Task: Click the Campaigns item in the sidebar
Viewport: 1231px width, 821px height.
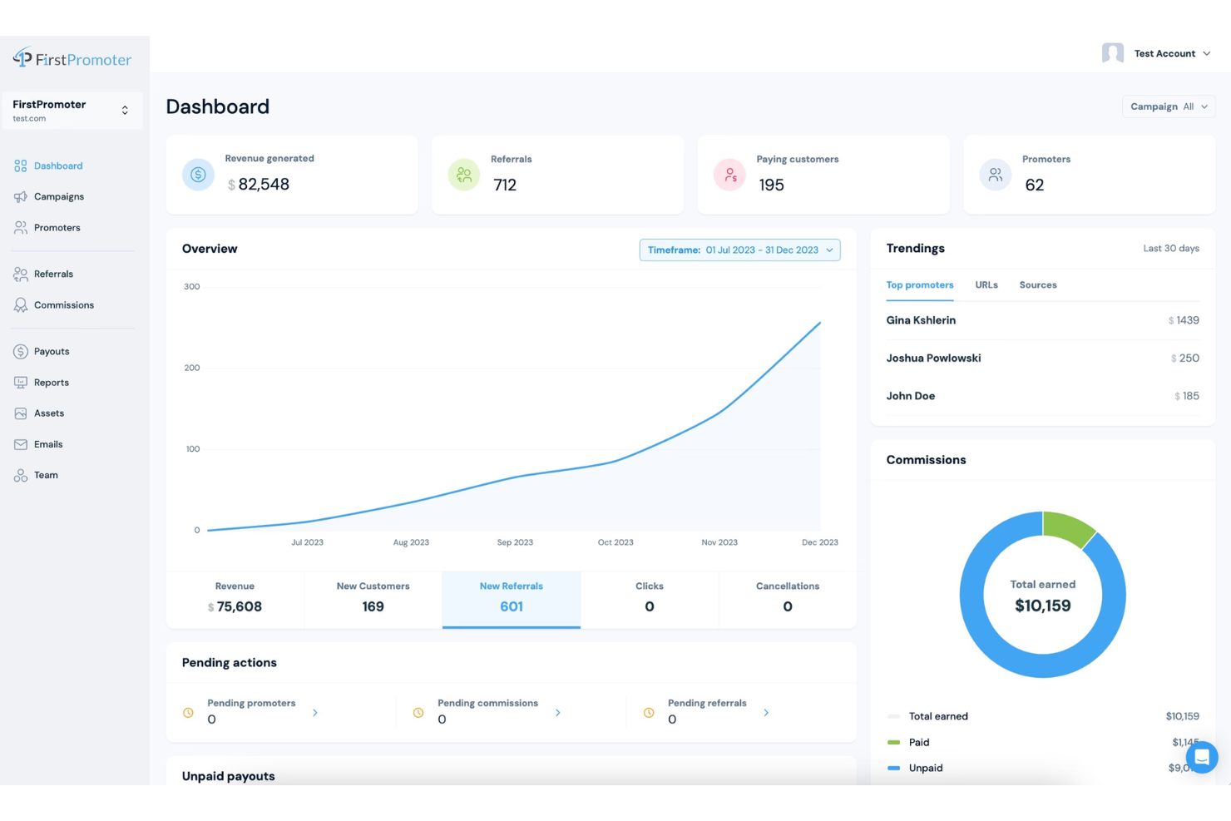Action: point(58,197)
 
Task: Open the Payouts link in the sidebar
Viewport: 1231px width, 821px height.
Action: point(51,352)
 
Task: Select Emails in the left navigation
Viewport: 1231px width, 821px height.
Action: point(47,444)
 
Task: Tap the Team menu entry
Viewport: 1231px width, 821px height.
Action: point(46,475)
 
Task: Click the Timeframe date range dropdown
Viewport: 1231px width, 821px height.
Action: point(739,250)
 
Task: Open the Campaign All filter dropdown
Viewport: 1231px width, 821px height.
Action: point(1168,107)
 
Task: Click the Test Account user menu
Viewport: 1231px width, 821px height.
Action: point(1164,54)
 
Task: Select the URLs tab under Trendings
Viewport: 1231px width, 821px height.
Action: point(986,285)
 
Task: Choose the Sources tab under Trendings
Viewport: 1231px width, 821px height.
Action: point(1037,285)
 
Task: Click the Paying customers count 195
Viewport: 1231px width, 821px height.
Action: point(771,185)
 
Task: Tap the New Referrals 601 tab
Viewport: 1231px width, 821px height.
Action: point(511,598)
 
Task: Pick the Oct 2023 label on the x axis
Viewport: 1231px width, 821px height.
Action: point(615,542)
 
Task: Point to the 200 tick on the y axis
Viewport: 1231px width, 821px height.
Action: point(192,368)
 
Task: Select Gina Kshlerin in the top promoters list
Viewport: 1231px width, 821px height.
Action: point(921,320)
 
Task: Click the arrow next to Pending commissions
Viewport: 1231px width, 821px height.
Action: point(557,713)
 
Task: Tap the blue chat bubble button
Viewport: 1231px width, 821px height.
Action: point(1201,757)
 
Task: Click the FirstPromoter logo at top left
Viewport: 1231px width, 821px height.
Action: point(72,59)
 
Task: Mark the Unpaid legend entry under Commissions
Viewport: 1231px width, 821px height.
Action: point(925,769)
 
